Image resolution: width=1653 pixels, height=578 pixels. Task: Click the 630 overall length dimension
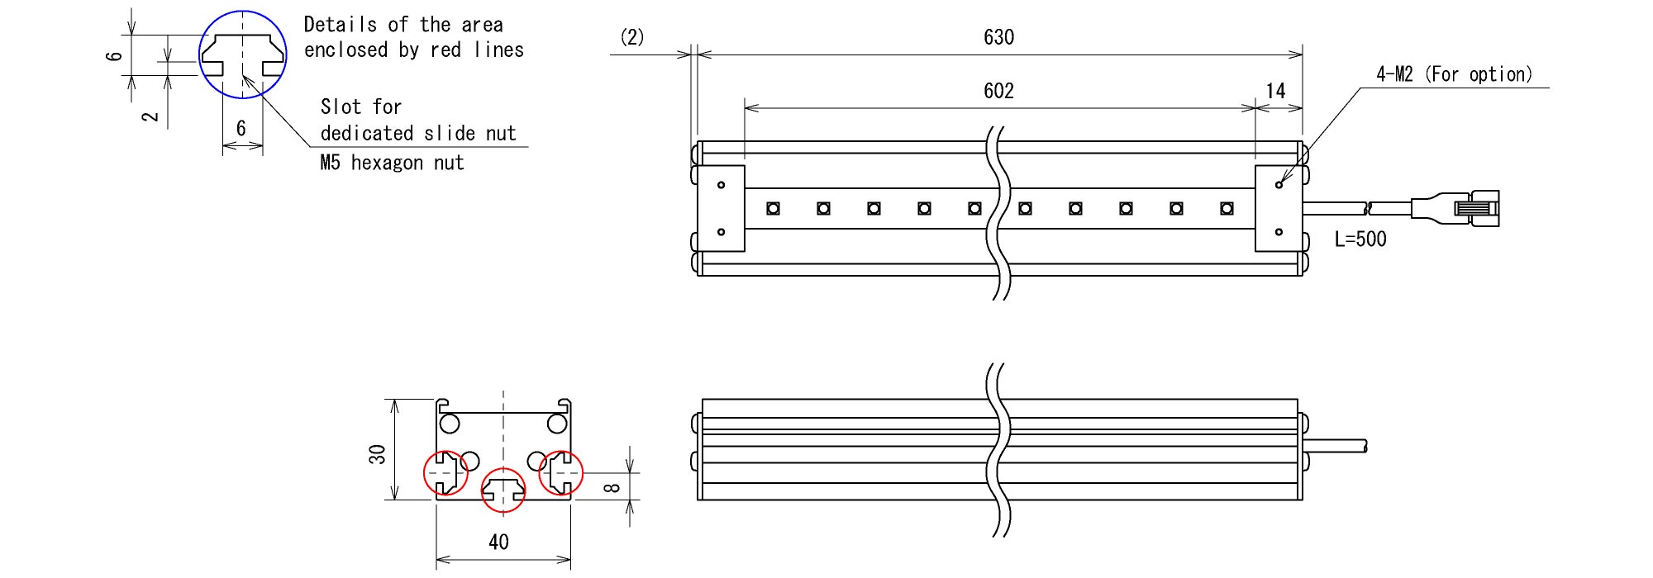click(998, 37)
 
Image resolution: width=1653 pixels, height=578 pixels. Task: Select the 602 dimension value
click(998, 91)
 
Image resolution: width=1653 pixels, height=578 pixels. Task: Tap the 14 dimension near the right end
click(1276, 91)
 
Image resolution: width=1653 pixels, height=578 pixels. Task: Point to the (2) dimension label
click(632, 37)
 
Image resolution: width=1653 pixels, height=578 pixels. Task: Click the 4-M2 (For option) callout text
click(1454, 74)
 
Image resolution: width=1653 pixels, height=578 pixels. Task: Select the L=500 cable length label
click(1360, 239)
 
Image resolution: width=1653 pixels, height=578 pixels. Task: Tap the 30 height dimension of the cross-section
click(378, 454)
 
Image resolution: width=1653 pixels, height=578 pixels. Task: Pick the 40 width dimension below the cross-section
click(498, 542)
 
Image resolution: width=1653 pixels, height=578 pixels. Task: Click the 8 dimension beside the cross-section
click(612, 487)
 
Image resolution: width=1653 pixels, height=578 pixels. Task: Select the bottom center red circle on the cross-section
click(503, 490)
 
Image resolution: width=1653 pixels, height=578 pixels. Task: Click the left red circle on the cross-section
click(445, 473)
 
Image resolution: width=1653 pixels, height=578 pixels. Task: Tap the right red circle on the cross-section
click(561, 473)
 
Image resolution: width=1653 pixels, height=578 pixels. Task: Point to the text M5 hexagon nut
click(392, 163)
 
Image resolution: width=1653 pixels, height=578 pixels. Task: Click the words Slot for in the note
click(360, 107)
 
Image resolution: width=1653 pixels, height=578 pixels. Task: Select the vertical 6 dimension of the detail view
click(117, 56)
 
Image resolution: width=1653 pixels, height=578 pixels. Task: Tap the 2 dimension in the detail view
click(150, 116)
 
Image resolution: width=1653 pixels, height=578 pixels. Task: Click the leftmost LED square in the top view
click(773, 209)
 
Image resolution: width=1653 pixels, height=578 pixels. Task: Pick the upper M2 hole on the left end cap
click(721, 185)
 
